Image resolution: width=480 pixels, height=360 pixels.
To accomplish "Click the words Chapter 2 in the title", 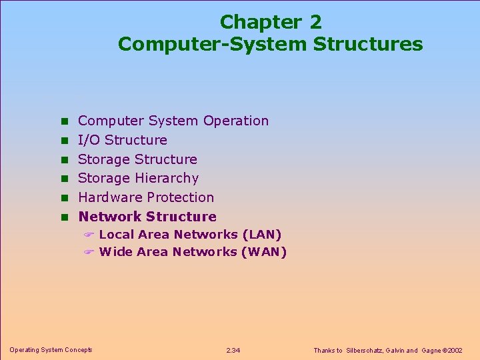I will [270, 22].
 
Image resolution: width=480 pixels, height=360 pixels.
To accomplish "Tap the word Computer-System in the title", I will [212, 44].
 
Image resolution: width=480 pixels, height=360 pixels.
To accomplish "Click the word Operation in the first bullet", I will [236, 121].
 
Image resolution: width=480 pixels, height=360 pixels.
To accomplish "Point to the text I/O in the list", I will [89, 140].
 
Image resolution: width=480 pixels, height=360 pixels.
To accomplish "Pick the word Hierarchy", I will [167, 178].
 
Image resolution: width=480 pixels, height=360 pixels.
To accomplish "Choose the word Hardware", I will [110, 197].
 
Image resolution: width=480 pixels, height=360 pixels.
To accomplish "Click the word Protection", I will [182, 197].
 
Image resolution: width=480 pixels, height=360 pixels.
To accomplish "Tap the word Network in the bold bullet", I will [110, 217].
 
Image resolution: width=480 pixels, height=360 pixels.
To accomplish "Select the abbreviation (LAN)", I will [262, 235].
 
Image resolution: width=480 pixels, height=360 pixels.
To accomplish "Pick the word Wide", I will [115, 252].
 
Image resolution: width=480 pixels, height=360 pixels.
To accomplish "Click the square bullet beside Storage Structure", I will [65, 159].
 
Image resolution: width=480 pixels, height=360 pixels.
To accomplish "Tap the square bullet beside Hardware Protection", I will [65, 198].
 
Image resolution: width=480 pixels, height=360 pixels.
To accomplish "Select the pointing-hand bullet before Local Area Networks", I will [89, 235].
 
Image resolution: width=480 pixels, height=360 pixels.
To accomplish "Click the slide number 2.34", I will [234, 351].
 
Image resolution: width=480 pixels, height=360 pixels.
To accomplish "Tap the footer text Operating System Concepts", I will [51, 350].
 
